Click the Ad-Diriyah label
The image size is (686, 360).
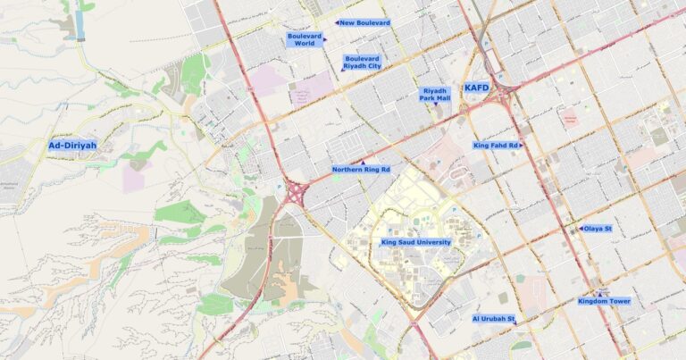pos(72,145)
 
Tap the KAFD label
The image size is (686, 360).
pos(476,88)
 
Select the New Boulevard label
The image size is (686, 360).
pos(365,22)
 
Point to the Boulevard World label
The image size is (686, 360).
pos(305,39)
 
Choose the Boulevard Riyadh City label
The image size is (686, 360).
pos(362,61)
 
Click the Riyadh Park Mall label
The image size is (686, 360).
pos(435,94)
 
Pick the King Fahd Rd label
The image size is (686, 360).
pos(496,145)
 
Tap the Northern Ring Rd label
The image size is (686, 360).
pos(361,170)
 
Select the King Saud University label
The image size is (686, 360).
pos(415,242)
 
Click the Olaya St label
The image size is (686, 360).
pos(597,229)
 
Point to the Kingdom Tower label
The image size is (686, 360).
pos(604,301)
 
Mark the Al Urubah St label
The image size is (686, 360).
pos(493,318)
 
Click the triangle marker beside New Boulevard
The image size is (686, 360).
pos(337,22)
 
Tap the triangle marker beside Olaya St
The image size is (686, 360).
pos(580,229)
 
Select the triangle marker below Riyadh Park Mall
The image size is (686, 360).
pos(436,105)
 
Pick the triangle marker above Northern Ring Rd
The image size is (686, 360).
pos(361,162)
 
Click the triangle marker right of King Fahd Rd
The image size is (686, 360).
pos(522,145)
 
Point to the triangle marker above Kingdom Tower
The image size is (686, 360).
pos(600,293)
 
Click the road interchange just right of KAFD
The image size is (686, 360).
pos(506,89)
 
